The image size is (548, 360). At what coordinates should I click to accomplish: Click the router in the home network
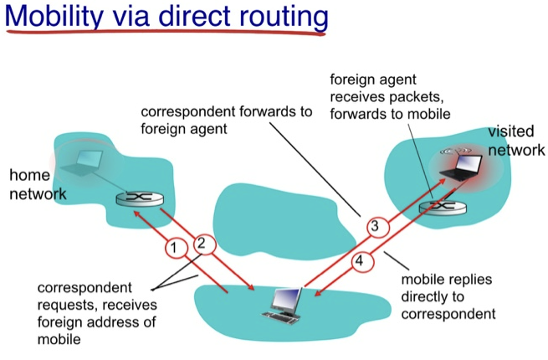tap(140, 199)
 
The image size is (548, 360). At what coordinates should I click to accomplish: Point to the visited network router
tap(443, 208)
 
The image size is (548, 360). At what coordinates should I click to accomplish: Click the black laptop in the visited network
tap(461, 167)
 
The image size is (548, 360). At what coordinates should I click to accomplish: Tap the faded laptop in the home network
tap(82, 162)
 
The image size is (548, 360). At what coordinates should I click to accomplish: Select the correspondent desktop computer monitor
tap(287, 301)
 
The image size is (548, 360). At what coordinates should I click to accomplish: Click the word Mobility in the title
tap(54, 17)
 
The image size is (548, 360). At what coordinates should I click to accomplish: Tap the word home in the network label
tap(30, 175)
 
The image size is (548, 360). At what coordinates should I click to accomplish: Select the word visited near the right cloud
tap(511, 131)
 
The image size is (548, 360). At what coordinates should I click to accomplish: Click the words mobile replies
tap(447, 280)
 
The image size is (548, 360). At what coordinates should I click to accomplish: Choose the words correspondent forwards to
tap(227, 112)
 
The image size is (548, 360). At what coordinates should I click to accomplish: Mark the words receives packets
tap(387, 97)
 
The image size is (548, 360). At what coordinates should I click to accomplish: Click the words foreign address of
tap(96, 321)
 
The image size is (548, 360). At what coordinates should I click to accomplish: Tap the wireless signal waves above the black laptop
tap(456, 152)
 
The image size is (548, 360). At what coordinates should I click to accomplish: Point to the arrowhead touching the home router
tap(137, 213)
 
